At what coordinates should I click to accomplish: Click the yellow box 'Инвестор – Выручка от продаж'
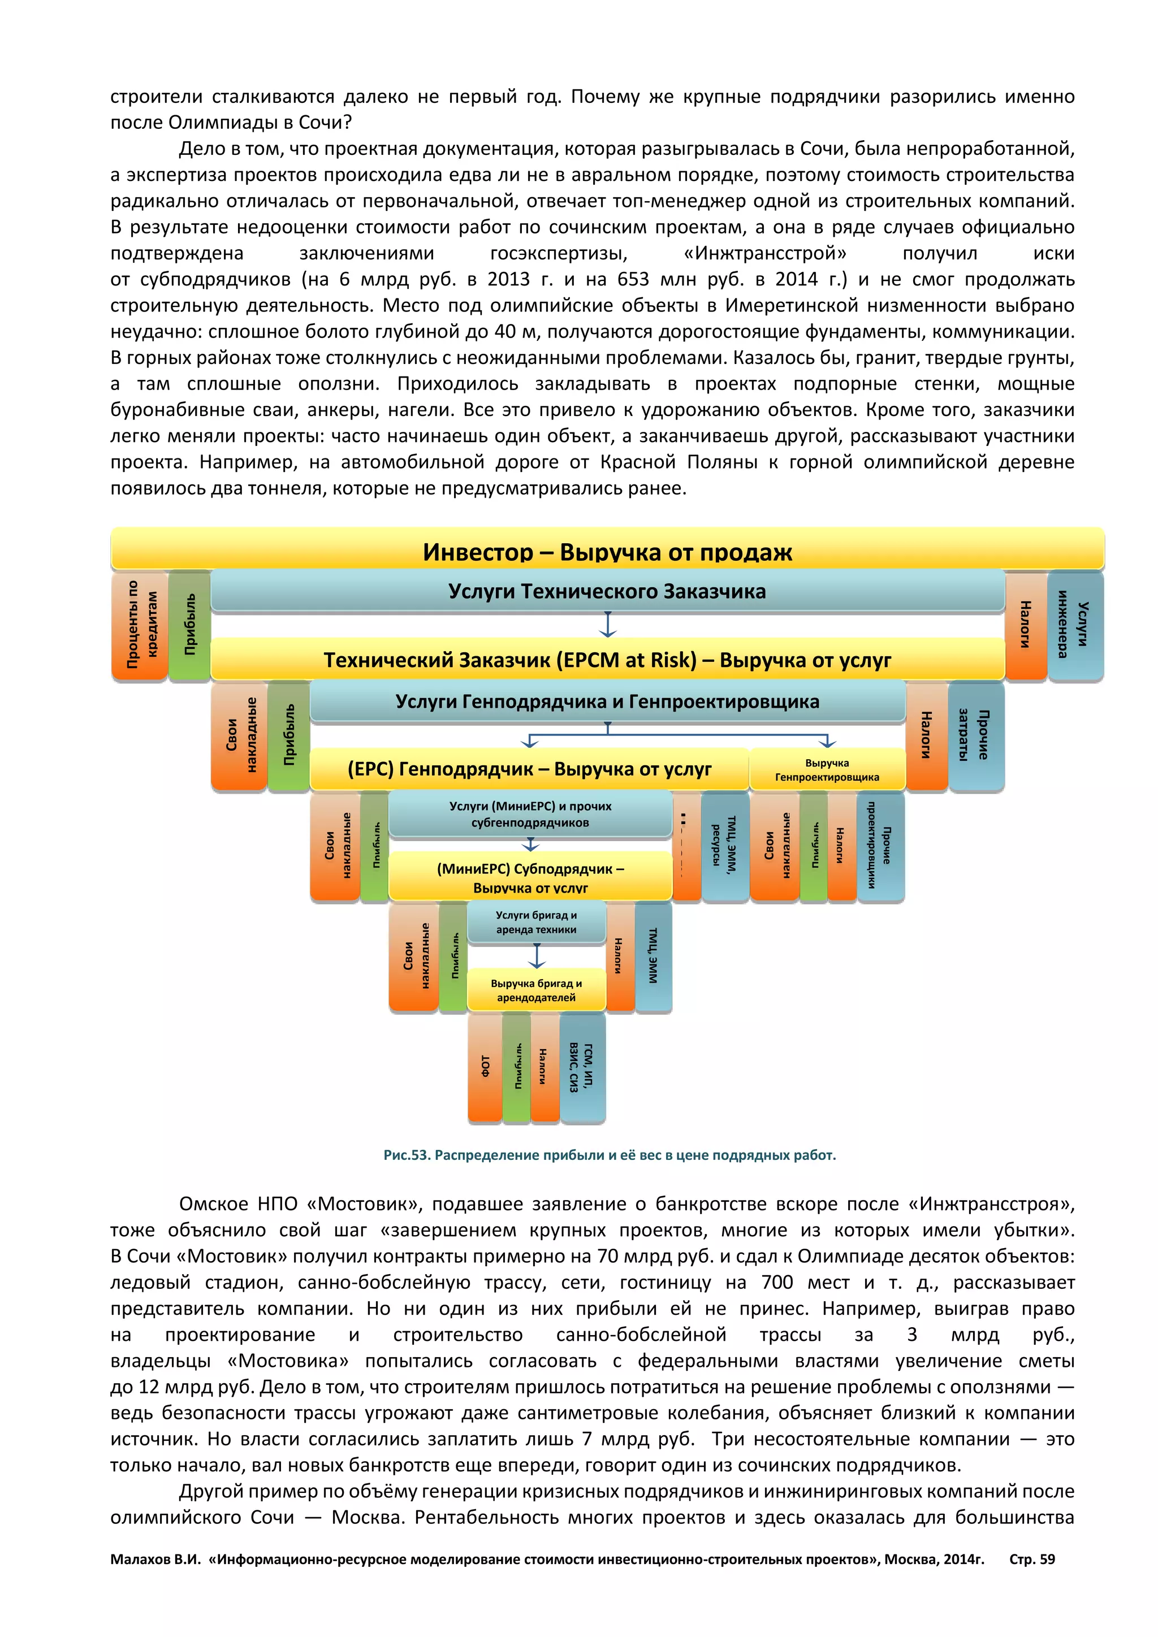tap(607, 551)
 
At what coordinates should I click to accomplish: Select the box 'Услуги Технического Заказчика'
tap(607, 592)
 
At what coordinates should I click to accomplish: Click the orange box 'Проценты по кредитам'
tap(140, 626)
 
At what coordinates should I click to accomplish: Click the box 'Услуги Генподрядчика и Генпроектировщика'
tap(607, 701)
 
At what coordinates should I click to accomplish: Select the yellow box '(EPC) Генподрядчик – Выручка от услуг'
tap(529, 769)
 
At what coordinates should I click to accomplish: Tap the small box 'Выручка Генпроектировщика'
tap(827, 770)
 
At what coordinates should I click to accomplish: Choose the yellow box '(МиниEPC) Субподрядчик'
tap(530, 877)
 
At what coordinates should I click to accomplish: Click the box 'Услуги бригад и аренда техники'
tap(536, 923)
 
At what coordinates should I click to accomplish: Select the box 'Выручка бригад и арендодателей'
tap(536, 990)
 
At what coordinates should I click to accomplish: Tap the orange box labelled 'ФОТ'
tap(485, 1067)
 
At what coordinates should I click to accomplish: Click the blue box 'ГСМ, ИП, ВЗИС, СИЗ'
tap(582, 1067)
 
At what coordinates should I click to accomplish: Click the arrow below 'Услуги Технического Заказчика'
tap(607, 625)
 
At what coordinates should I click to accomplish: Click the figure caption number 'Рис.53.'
tap(407, 1155)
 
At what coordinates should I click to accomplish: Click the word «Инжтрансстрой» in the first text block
tap(764, 253)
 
